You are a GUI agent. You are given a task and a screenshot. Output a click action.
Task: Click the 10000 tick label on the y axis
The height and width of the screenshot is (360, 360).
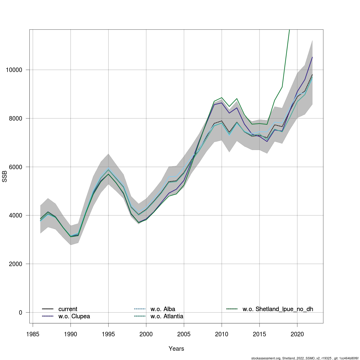pos(14,70)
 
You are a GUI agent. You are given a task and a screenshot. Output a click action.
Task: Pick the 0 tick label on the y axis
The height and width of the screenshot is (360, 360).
pos(20,313)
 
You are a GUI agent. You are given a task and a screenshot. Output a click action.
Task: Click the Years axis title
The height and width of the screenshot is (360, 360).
pos(176,349)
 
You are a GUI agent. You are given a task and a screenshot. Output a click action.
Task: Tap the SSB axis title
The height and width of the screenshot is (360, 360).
pos(4,176)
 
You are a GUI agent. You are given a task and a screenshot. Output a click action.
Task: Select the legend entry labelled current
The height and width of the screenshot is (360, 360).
pos(68,309)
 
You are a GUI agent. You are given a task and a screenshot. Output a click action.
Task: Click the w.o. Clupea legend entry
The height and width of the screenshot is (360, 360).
pos(74,316)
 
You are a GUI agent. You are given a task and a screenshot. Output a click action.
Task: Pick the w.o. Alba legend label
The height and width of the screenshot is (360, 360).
pos(163,309)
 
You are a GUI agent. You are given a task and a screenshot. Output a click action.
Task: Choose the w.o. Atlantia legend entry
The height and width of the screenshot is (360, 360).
pos(167,316)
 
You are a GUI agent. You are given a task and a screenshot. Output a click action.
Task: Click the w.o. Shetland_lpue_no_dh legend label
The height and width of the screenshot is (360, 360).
pos(278,309)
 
